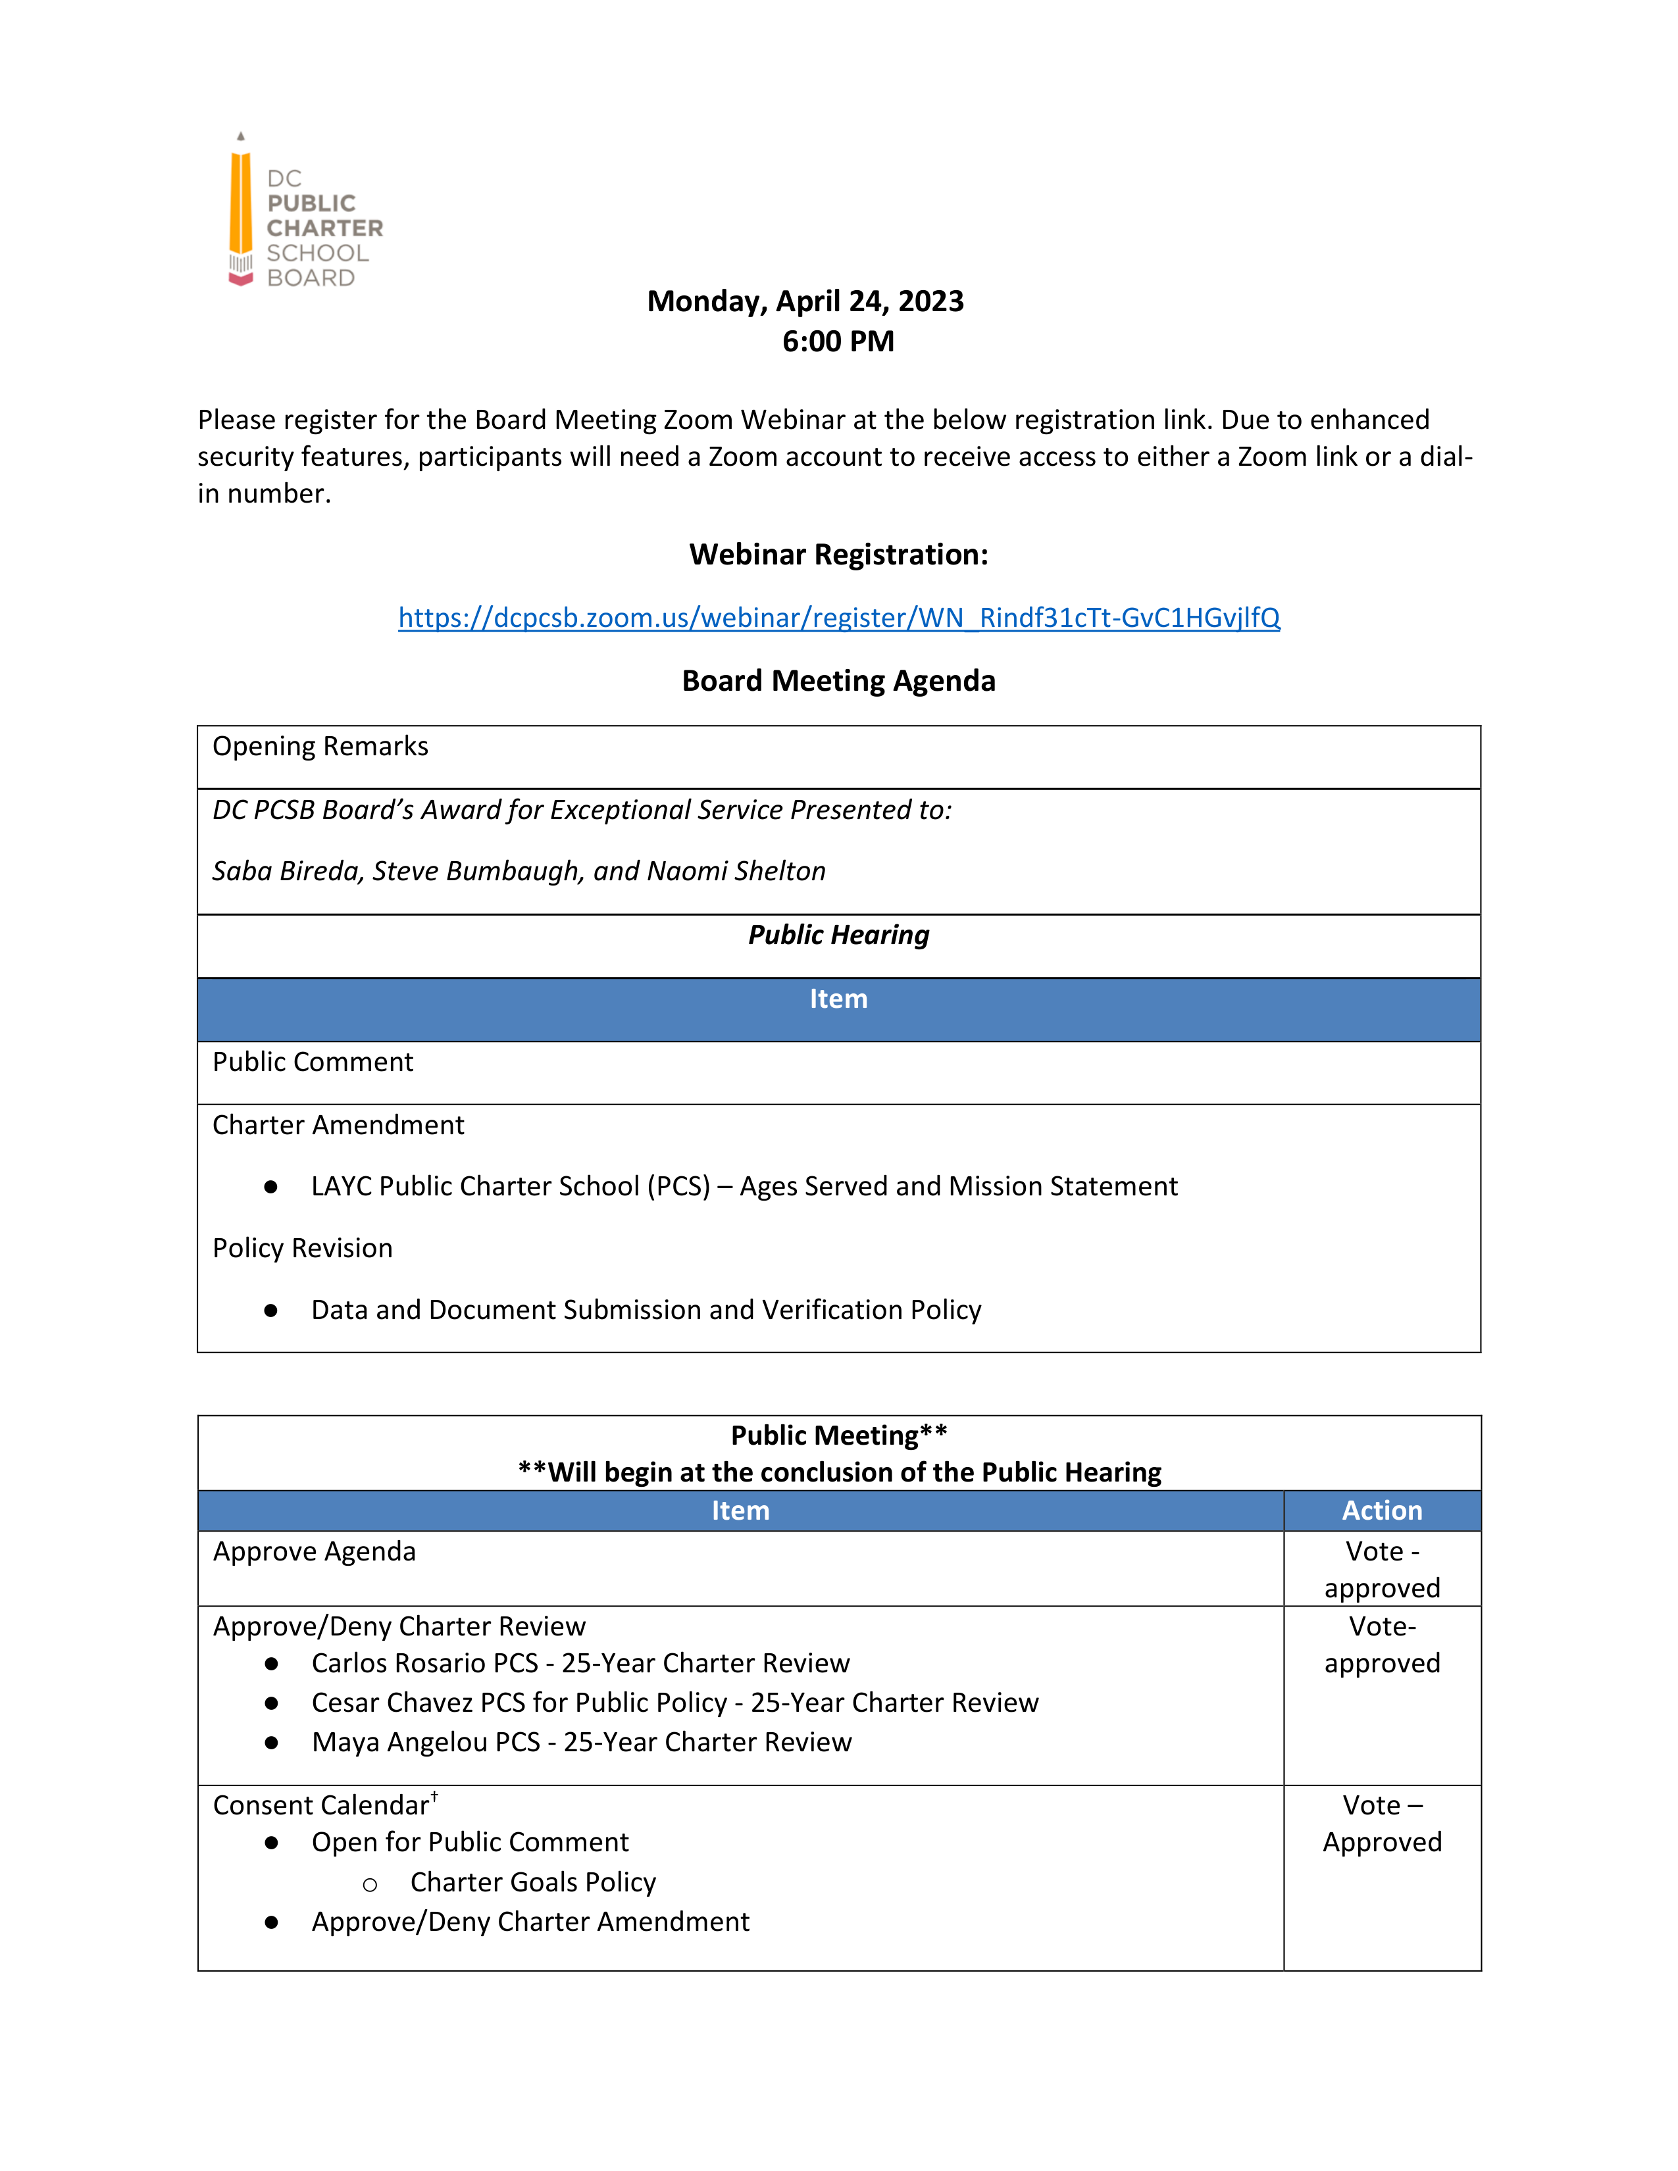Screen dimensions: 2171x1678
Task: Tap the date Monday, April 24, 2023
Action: pos(805,301)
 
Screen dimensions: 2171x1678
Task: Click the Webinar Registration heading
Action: pos(838,555)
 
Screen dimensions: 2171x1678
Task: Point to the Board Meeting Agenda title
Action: pos(838,681)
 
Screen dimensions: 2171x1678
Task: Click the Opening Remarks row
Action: pos(320,747)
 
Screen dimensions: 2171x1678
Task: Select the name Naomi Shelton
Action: pos(736,872)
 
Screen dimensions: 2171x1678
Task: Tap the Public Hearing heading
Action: pos(838,936)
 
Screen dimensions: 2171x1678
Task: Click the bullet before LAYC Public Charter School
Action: pos(270,1187)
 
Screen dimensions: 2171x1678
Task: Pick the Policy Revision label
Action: pos(302,1249)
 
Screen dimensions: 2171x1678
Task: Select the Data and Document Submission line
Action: pos(646,1310)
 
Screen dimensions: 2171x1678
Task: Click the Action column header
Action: pos(1382,1511)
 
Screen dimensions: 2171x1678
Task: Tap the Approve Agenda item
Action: pos(314,1552)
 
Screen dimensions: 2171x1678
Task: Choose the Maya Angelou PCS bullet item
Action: pos(582,1743)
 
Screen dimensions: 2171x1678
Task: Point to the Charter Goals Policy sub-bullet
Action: pos(533,1883)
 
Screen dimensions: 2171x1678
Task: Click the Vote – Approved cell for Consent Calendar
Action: pos(1382,1824)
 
